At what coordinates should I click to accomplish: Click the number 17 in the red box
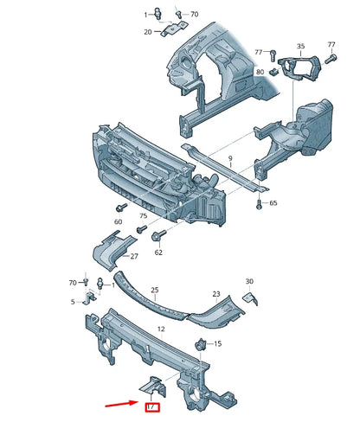151,406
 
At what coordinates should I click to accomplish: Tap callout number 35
300,46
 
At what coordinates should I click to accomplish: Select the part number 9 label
230,158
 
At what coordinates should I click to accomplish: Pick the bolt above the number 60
119,210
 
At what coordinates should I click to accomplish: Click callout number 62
158,253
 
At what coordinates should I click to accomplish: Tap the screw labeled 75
141,230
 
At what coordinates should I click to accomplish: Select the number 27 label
134,257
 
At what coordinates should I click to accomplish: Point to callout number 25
156,291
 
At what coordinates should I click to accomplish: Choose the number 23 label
216,294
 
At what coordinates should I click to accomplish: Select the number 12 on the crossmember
160,329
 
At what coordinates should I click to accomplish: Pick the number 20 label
148,32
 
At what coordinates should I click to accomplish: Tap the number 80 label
260,72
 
